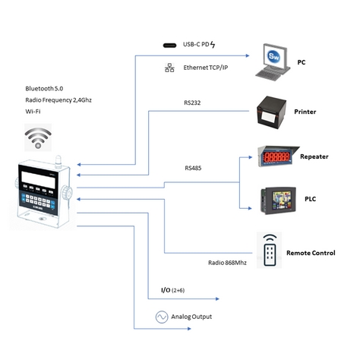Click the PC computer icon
click(x=273, y=62)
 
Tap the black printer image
click(x=271, y=112)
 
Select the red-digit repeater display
click(x=278, y=156)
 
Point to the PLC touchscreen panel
click(x=278, y=200)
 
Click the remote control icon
click(x=270, y=250)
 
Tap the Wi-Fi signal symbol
click(x=38, y=137)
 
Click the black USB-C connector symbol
click(x=169, y=46)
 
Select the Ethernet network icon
click(x=169, y=68)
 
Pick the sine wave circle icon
click(x=162, y=317)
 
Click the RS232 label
click(x=192, y=103)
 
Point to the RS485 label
click(x=193, y=168)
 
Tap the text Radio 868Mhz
click(x=227, y=263)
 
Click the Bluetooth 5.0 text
click(x=44, y=89)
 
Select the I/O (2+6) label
click(x=172, y=290)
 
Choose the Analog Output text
click(x=191, y=317)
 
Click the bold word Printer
click(x=305, y=112)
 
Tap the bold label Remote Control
click(x=311, y=253)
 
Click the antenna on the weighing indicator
click(x=58, y=162)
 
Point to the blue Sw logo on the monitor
click(x=273, y=56)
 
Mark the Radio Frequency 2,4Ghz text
click(x=58, y=100)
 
